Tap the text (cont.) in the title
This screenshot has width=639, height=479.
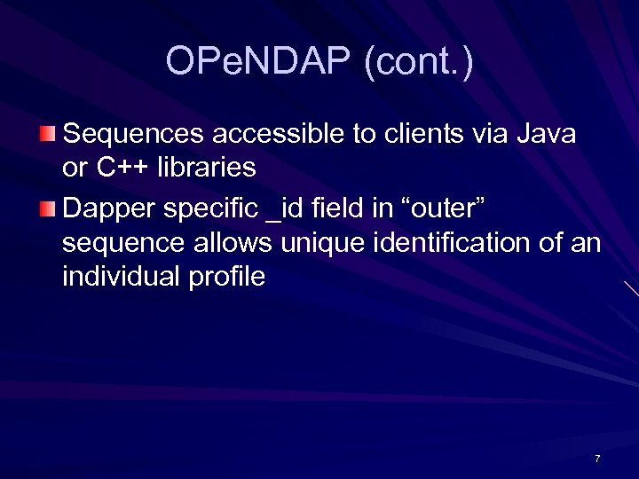tap(418, 62)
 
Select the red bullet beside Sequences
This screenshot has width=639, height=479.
tap(48, 135)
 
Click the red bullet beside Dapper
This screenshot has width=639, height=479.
tap(48, 210)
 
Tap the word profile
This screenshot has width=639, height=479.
tap(227, 276)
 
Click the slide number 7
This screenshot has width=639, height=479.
tap(597, 459)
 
